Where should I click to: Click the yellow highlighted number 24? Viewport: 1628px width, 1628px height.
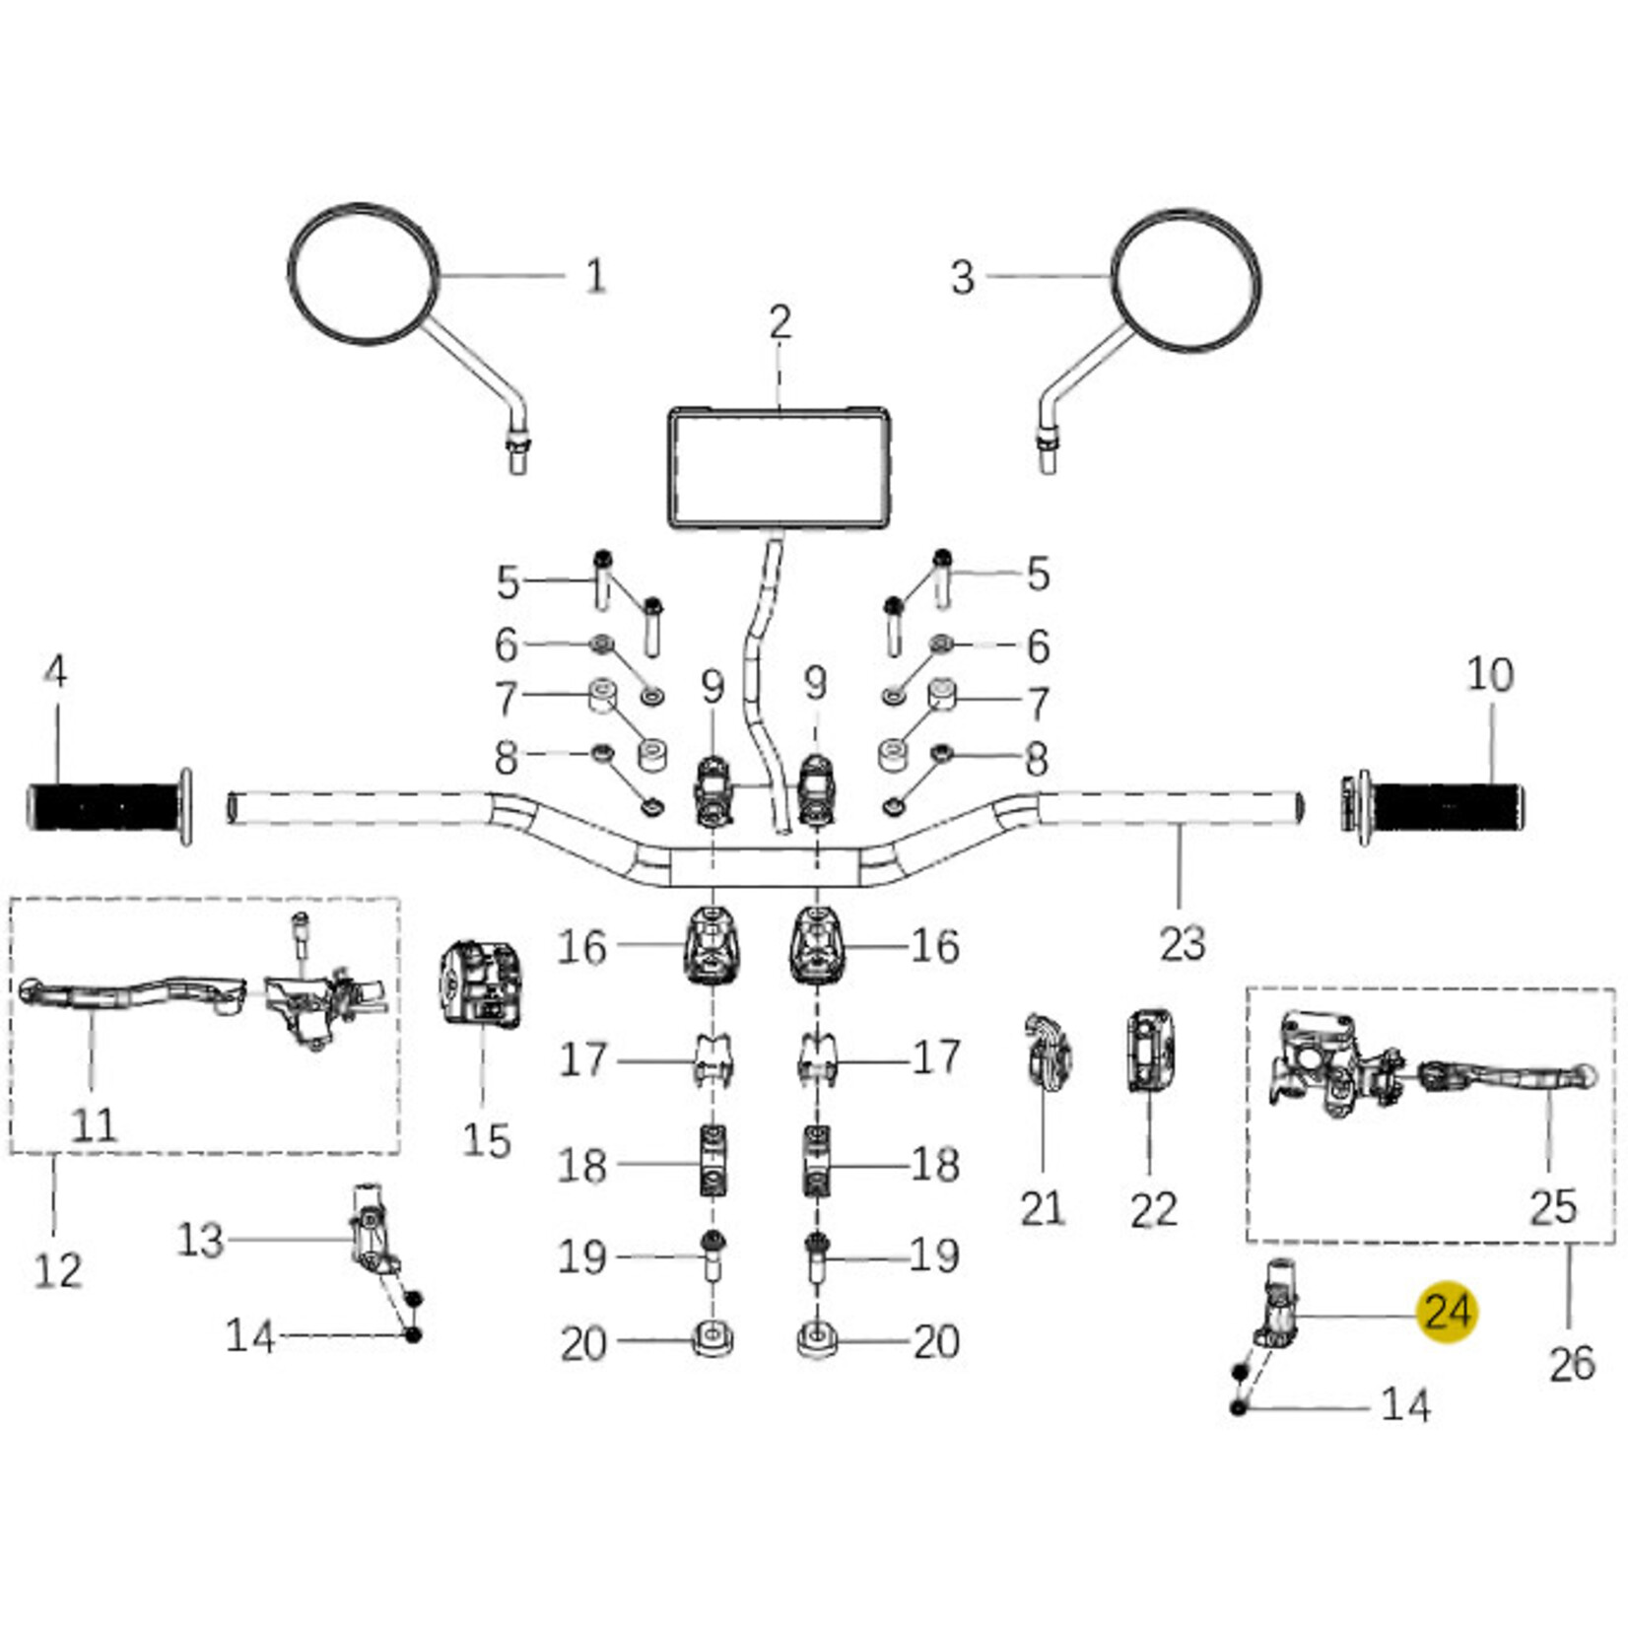coord(1447,1312)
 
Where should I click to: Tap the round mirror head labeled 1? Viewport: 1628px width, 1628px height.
coord(363,275)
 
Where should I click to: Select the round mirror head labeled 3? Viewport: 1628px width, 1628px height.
coord(1186,280)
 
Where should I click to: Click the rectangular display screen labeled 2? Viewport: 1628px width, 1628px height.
coord(780,468)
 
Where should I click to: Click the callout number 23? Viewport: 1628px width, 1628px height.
coord(1182,943)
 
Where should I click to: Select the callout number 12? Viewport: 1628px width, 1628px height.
coord(57,1270)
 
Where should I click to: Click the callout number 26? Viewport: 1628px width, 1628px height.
coord(1571,1364)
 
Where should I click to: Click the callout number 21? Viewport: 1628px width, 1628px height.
coord(1042,1207)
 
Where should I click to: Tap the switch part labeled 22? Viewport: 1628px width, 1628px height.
coord(1149,1051)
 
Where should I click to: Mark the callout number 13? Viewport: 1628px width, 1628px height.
coord(200,1240)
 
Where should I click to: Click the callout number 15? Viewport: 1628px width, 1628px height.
coord(486,1141)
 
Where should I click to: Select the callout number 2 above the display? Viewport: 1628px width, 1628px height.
coord(780,322)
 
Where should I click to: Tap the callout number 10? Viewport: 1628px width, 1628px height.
coord(1489,675)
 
